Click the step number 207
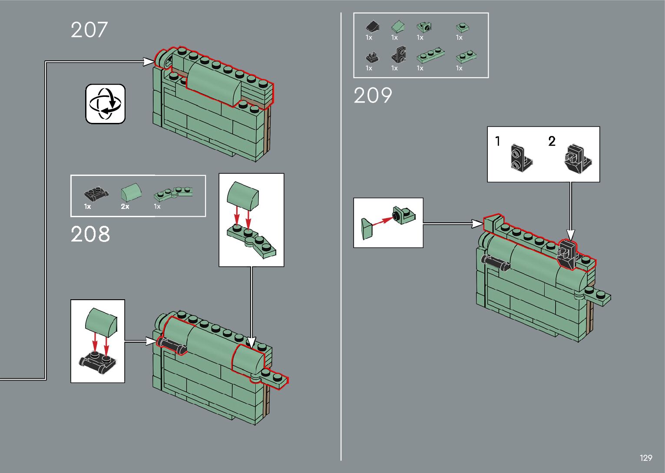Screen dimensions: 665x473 point(89,30)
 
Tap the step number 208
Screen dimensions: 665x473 point(90,234)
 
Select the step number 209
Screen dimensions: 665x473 point(373,96)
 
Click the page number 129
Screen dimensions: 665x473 point(645,458)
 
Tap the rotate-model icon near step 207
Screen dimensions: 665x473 point(106,104)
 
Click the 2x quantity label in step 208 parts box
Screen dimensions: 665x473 point(125,207)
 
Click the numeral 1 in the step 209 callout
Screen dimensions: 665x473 point(498,141)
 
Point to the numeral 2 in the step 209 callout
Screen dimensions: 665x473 point(552,141)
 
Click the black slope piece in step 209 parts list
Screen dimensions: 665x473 point(373,27)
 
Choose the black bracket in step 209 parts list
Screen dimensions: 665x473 point(398,54)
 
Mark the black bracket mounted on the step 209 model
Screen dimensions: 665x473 point(567,253)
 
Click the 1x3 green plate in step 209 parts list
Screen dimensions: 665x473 point(430,55)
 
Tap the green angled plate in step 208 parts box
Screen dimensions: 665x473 point(174,192)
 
